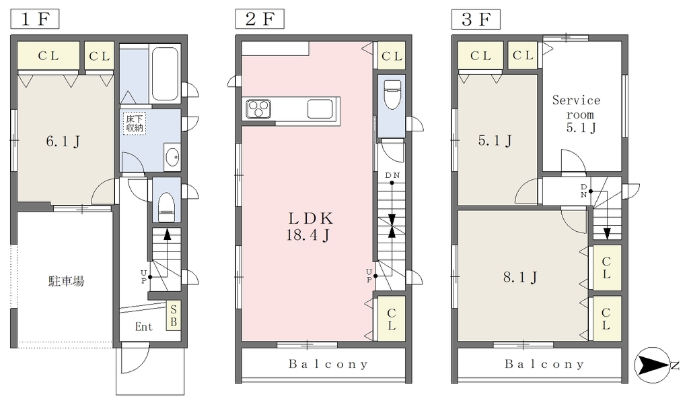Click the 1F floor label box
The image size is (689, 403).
35,20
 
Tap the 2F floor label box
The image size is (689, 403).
260,20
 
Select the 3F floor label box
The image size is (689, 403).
476,20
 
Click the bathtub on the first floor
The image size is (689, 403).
165,73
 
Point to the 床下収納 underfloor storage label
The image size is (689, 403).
135,123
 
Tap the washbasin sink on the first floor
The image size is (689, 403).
172,156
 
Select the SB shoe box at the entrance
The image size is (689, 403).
173,315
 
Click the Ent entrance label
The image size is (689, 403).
144,327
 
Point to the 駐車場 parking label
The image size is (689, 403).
66,281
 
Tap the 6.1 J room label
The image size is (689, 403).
63,142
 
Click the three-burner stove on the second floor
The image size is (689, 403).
258,109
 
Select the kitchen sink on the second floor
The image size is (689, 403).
320,109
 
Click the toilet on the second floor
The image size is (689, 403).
392,94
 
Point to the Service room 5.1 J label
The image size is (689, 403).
577,114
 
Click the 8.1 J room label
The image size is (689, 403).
520,277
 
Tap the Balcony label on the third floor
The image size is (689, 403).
544,364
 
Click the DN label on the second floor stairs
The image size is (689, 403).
392,175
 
